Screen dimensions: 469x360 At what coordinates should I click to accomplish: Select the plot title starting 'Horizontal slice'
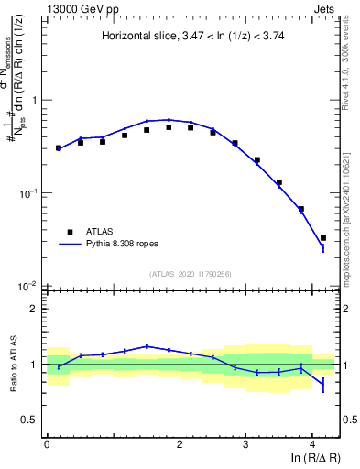point(192,36)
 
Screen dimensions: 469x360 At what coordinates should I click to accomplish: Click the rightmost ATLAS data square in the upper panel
point(322,238)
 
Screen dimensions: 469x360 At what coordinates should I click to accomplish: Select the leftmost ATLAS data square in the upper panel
point(59,147)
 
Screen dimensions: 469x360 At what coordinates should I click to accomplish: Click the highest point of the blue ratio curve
point(147,346)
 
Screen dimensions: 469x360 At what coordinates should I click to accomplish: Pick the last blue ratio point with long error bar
point(322,382)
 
